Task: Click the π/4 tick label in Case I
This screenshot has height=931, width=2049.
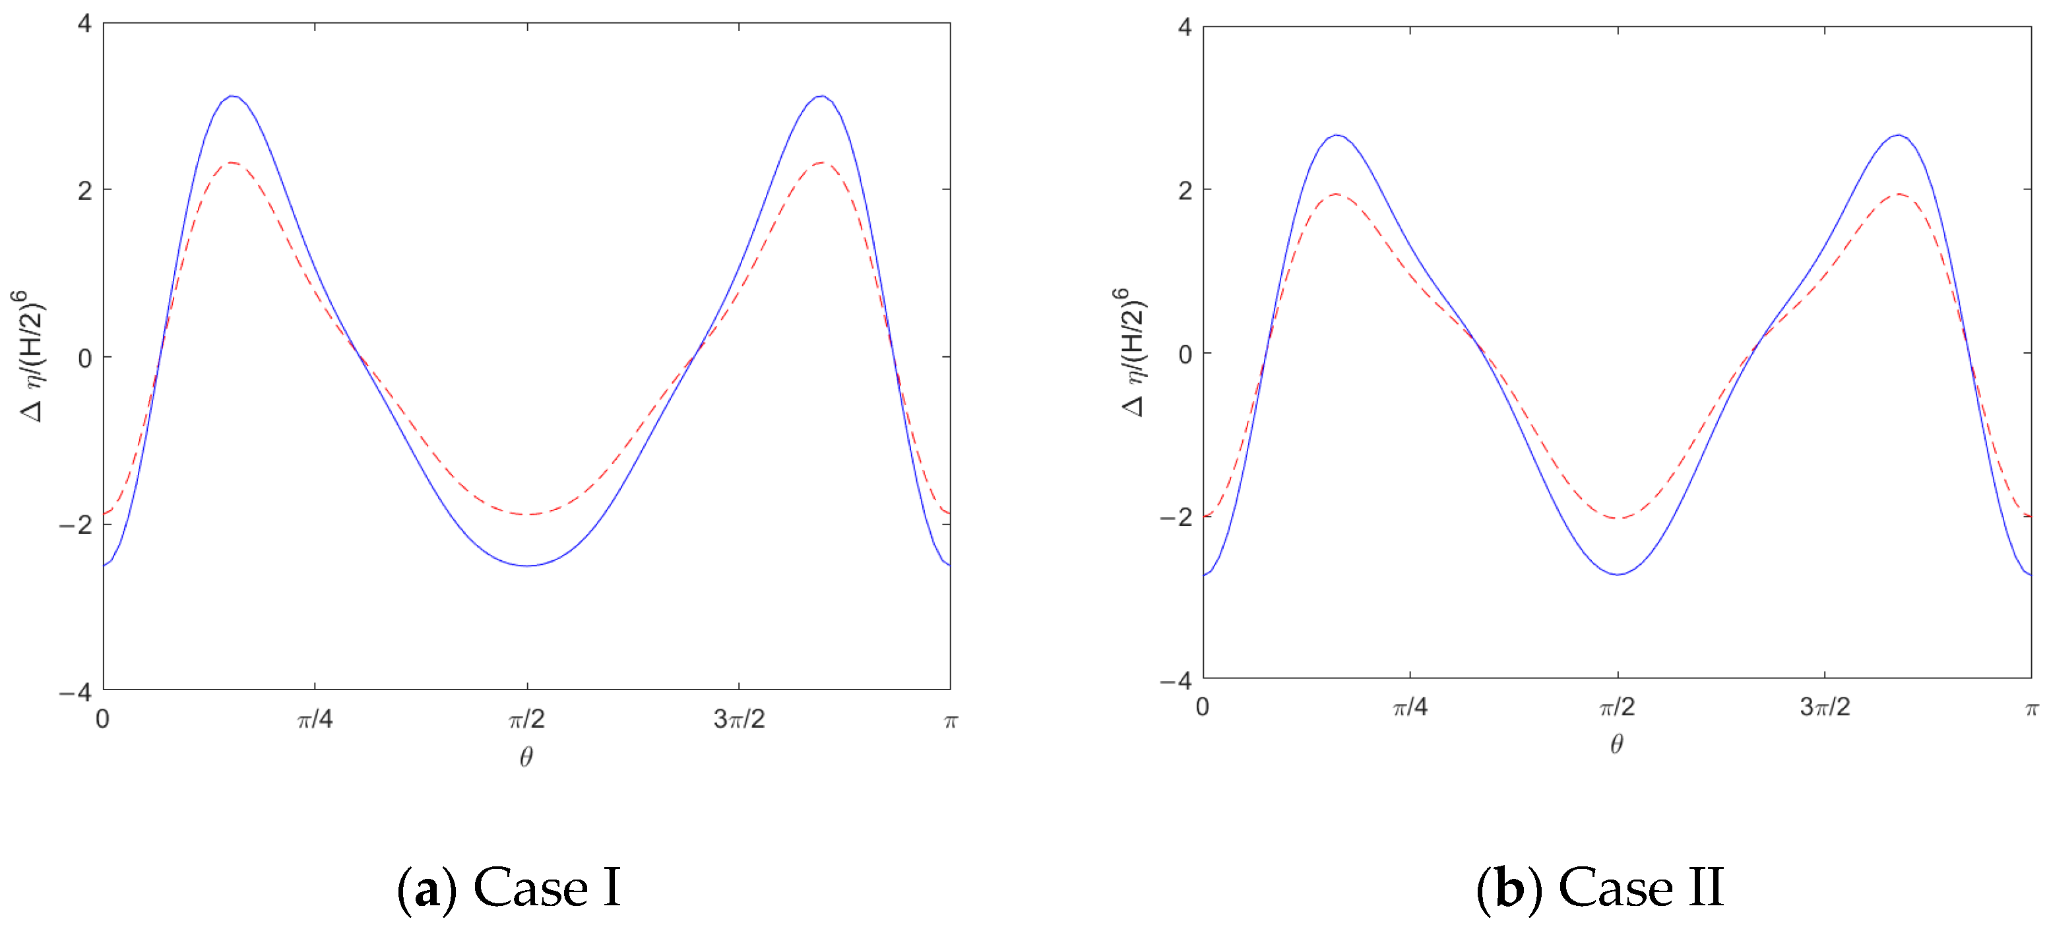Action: [315, 719]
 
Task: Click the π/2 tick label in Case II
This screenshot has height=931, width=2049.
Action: [1617, 707]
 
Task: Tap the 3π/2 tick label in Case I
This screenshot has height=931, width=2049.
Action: [739, 719]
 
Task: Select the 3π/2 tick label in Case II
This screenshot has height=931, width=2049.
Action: [1825, 707]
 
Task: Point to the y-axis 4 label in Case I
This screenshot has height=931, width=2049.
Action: [84, 24]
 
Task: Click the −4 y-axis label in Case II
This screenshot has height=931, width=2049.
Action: [1176, 681]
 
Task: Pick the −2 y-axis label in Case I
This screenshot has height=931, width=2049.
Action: [76, 525]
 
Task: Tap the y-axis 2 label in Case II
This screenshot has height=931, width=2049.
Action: [1185, 191]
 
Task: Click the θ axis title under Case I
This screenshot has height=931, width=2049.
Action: [526, 757]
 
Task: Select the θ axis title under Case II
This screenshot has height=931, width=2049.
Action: [1616, 744]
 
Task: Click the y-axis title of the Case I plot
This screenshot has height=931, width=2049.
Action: [32, 356]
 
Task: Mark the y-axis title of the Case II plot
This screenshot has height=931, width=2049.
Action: [1133, 352]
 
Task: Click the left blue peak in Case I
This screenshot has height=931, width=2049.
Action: [232, 96]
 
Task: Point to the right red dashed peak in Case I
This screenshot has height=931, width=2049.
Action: [821, 163]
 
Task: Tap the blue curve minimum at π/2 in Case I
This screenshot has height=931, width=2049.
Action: [527, 565]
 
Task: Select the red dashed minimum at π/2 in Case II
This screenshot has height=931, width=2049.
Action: [1618, 519]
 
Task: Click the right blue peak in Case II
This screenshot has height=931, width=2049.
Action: [1899, 135]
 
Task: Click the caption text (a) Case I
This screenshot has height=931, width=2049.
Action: [509, 887]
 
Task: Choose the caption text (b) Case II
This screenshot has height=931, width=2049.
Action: [1600, 887]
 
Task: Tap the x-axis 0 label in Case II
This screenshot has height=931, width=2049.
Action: [1203, 707]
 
